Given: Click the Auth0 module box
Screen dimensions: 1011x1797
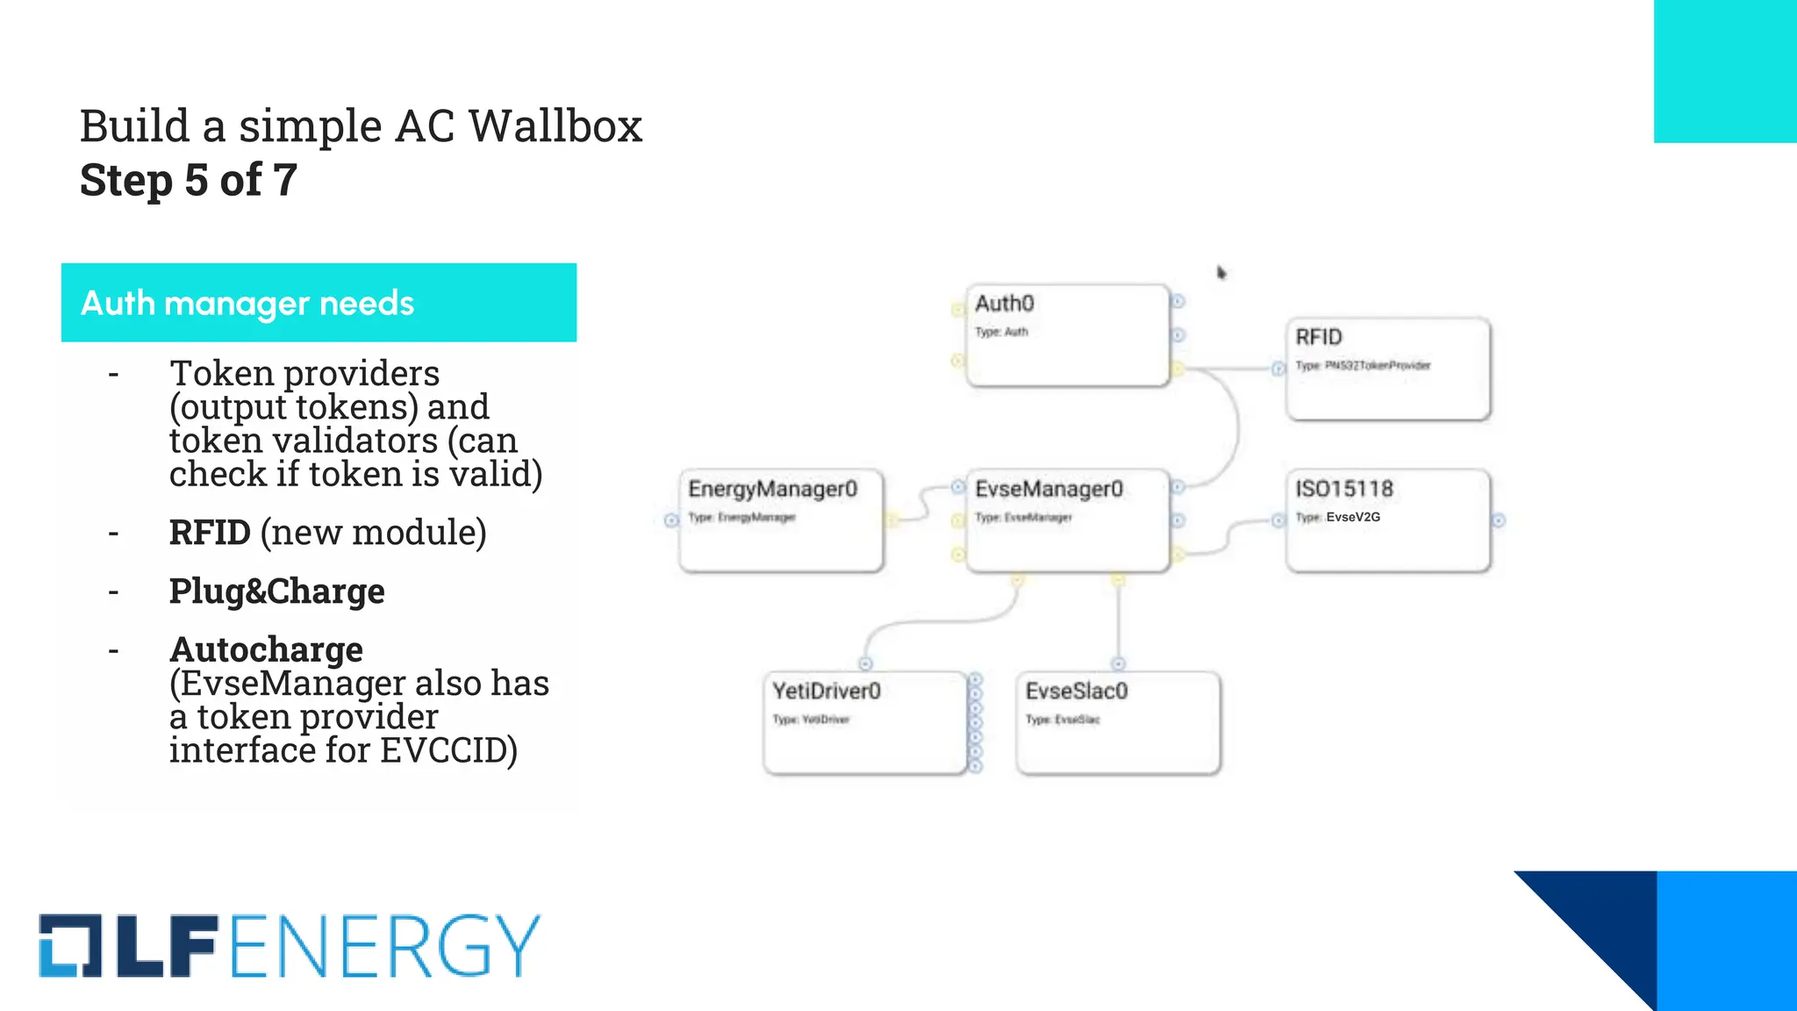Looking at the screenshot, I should pos(1067,335).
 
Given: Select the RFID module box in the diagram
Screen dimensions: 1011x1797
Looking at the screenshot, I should pos(1388,369).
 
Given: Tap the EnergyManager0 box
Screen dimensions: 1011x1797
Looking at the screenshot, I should pos(781,521).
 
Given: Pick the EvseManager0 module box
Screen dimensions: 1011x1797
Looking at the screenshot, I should pos(1067,521).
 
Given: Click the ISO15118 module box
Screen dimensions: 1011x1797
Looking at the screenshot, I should pos(1388,521).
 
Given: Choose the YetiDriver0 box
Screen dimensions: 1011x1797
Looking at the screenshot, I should pos(865,723).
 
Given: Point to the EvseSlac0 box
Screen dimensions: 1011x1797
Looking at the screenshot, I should pos(1118,723).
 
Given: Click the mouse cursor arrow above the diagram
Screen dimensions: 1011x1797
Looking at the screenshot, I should pos(1221,273).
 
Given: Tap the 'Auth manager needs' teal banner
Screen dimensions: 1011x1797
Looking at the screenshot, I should pos(319,303).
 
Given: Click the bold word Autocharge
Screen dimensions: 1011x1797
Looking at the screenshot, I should pos(266,649).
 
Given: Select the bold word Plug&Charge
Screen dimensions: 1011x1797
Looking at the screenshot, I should pos(276,591).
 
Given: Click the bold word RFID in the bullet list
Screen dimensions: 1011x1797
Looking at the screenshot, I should pos(210,533).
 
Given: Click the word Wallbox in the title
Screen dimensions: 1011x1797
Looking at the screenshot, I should pos(555,125).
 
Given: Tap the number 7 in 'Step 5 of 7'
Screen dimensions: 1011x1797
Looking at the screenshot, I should pos(285,180).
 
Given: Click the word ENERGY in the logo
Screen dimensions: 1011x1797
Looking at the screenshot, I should pos(384,946).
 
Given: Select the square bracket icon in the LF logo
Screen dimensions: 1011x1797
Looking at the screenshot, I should pos(70,946).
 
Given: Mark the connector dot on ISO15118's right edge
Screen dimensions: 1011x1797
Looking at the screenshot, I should pos(1499,520).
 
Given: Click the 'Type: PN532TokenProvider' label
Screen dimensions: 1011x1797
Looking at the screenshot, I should pos(1363,366).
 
